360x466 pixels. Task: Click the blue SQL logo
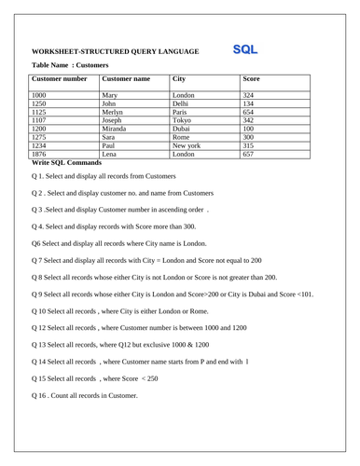245,48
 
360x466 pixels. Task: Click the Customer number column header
61,79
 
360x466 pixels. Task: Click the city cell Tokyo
183,120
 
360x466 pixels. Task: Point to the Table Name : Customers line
70,65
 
